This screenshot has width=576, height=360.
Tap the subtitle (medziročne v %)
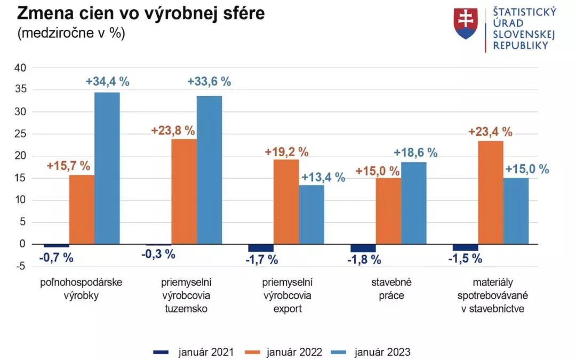pos(71,33)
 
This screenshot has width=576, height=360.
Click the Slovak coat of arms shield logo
pos(465,23)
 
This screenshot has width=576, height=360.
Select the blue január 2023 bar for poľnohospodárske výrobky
pos(107,168)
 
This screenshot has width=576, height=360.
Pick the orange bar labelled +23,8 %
pos(183,191)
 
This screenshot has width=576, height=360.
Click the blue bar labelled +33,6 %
pos(209,170)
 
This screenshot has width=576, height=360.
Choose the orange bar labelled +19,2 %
pos(286,202)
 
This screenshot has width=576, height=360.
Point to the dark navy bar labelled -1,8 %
pos(363,248)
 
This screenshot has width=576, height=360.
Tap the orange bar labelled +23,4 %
pos(491,192)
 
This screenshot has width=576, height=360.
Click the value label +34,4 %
pos(107,82)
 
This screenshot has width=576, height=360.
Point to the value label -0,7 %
pos(56,259)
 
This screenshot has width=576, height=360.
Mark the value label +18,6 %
pos(415,153)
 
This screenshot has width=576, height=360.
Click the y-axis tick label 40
pos(20,68)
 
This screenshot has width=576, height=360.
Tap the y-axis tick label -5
pos(20,266)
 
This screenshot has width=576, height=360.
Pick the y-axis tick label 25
pos(20,134)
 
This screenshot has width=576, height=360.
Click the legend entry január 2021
pos(193,352)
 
